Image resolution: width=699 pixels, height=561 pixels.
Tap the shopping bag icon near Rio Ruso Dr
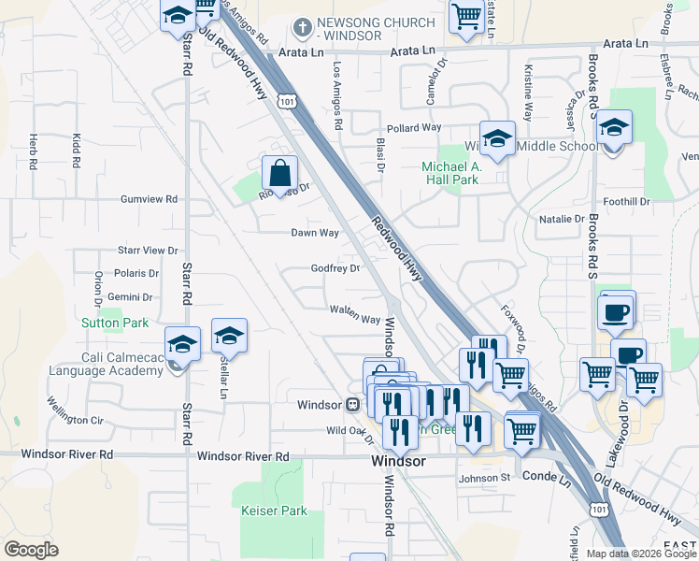point(280,173)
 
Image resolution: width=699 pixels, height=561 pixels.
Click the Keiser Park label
point(274,511)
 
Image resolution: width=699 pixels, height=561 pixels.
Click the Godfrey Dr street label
point(335,269)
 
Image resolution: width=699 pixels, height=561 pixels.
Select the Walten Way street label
point(355,313)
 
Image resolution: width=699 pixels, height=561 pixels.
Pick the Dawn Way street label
point(315,232)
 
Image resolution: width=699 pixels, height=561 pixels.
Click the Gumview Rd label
point(149,199)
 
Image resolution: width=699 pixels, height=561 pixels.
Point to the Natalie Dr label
point(561,219)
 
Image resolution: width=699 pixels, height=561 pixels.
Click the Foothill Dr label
point(626,201)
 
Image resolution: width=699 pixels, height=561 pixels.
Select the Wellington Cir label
point(75,412)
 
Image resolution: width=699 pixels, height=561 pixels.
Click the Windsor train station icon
point(353,405)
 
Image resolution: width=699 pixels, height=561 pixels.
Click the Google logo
point(31,549)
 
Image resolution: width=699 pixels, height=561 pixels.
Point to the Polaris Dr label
point(136,273)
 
